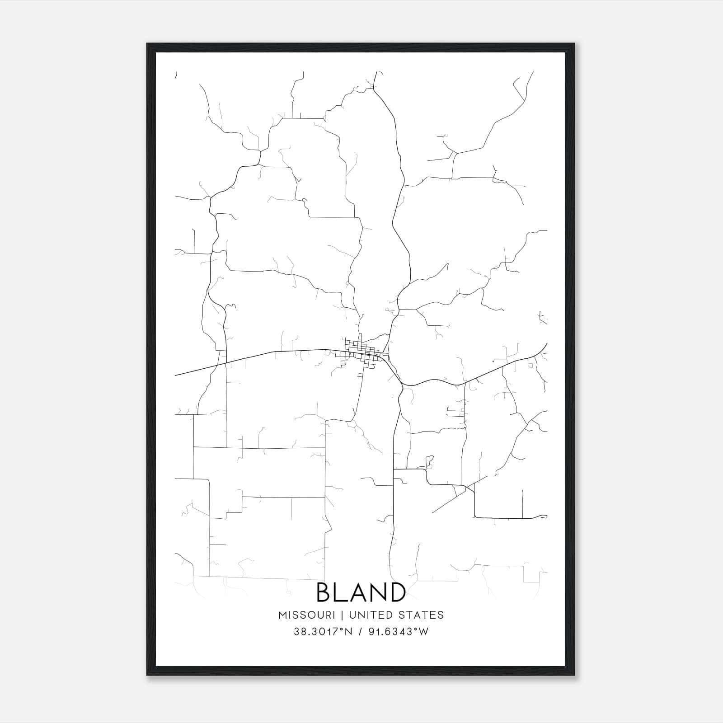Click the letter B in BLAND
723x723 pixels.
[325, 592]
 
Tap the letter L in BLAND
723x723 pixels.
[343, 592]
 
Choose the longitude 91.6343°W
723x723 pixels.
[398, 632]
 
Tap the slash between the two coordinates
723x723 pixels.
[360, 632]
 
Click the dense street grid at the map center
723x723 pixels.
[364, 352]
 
